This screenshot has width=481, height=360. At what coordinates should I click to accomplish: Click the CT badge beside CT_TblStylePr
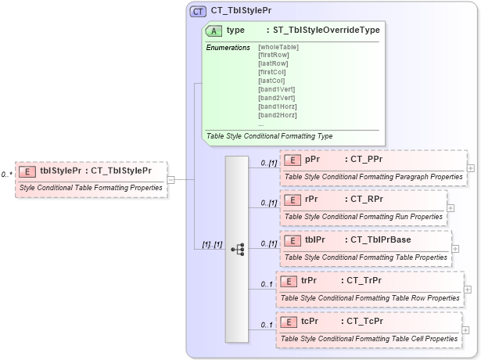(x=199, y=11)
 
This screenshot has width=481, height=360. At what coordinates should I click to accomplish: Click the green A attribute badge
(x=213, y=31)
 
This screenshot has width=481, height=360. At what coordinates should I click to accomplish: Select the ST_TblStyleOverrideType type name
(x=322, y=31)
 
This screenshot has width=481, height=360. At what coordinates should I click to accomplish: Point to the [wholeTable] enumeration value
(x=278, y=47)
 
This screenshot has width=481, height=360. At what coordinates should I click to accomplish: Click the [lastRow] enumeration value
(x=272, y=64)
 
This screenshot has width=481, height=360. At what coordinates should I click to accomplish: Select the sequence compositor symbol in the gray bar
(x=238, y=249)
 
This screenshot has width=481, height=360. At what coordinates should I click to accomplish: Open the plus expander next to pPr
(x=470, y=167)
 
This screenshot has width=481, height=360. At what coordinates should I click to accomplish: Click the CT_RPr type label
(x=366, y=199)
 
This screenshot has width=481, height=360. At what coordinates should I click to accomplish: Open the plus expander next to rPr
(x=450, y=207)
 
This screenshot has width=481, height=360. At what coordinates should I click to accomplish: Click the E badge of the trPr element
(x=287, y=280)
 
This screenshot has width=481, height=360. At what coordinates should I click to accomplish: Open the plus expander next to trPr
(x=466, y=289)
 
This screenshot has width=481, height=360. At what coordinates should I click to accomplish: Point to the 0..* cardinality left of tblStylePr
(x=6, y=175)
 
